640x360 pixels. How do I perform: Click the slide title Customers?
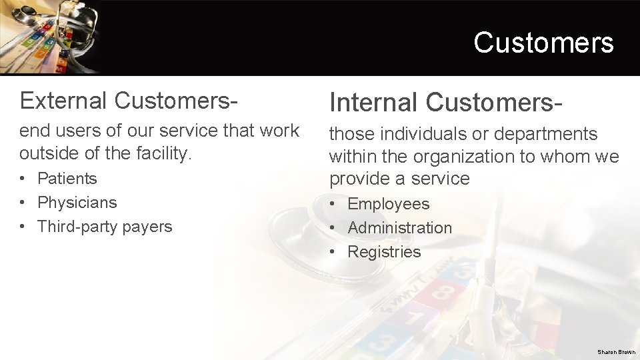click(543, 43)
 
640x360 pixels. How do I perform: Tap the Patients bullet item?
click(67, 179)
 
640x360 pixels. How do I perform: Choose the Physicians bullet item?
click(77, 203)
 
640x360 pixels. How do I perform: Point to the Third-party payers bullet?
click(105, 227)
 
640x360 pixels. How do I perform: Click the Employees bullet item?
click(388, 204)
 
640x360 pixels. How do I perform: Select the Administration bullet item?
click(399, 228)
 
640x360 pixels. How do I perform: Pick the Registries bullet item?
click(384, 252)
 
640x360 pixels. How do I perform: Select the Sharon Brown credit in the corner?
click(616, 352)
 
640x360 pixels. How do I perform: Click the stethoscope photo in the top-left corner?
click(50, 36)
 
